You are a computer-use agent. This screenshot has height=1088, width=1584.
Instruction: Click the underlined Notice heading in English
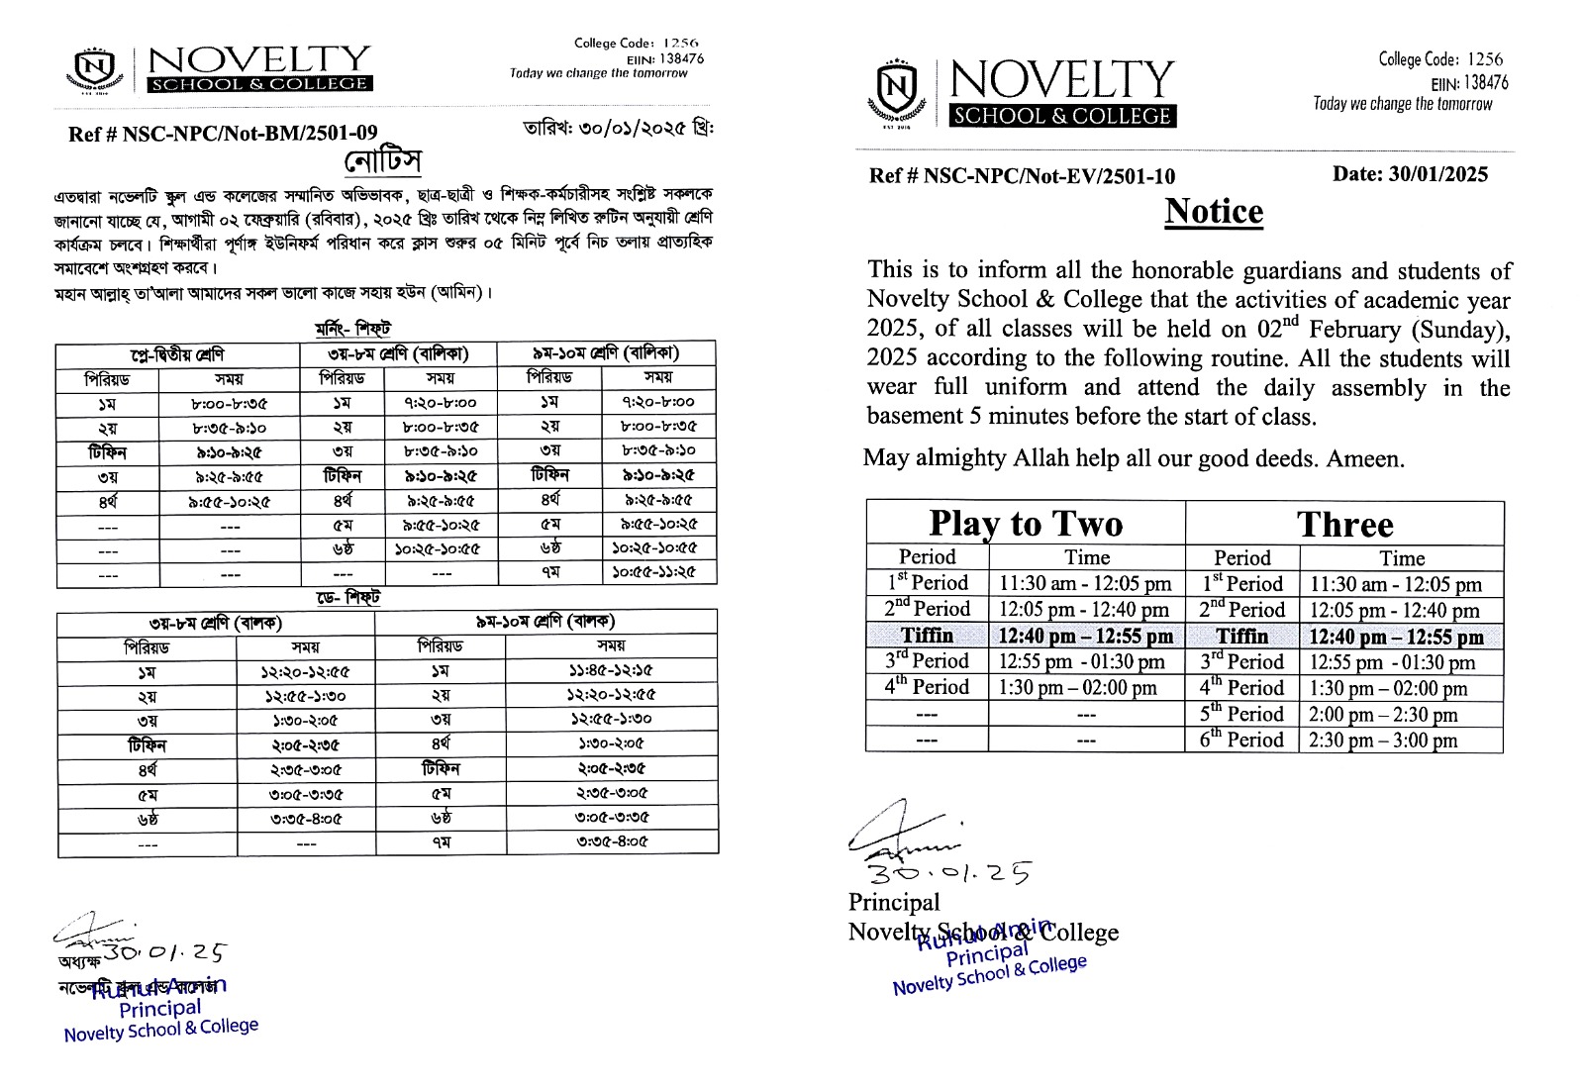click(1214, 212)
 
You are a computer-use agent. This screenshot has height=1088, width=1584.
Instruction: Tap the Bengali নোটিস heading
click(383, 161)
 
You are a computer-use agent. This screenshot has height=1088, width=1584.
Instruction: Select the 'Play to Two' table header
click(1026, 523)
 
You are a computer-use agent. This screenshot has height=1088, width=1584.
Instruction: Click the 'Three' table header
click(1344, 524)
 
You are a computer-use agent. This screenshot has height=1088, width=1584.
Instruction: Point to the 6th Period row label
click(1241, 740)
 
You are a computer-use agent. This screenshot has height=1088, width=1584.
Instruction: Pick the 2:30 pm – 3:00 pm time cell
click(1383, 741)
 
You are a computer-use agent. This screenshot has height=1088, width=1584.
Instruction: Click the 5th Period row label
click(1241, 714)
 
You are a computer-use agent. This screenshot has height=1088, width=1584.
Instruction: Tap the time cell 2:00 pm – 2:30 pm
click(1383, 715)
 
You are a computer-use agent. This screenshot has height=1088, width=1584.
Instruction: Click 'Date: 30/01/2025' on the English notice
click(1410, 174)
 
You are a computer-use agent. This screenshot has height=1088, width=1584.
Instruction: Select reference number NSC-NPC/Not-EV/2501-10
click(1022, 176)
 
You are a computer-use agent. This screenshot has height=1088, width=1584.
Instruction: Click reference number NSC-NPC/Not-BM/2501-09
click(223, 134)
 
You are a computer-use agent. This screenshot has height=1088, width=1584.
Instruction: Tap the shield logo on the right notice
click(897, 91)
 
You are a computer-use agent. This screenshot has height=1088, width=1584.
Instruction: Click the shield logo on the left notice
click(96, 68)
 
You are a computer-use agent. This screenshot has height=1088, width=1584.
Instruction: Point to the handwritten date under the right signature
click(949, 872)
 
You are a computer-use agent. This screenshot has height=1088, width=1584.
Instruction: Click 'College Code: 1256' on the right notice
click(1440, 59)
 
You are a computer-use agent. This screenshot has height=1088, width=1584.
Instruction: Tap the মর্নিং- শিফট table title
click(353, 329)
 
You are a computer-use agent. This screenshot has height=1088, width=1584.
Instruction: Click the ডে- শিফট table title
click(347, 598)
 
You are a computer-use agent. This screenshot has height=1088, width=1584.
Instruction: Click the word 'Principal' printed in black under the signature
click(894, 902)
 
